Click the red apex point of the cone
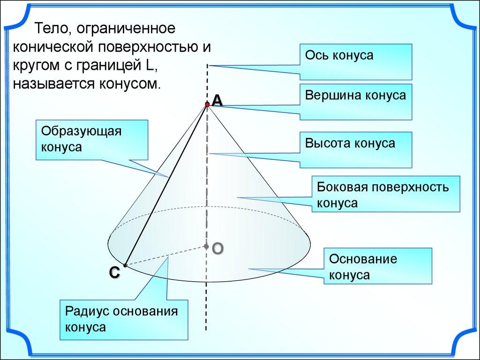pyautogui.click(x=207, y=104)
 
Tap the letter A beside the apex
pyautogui.click(x=217, y=100)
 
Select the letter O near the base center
pyautogui.click(x=217, y=248)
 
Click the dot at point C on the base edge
pyautogui.click(x=126, y=265)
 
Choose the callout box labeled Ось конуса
pyautogui.click(x=356, y=61)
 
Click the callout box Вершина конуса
pyautogui.click(x=356, y=101)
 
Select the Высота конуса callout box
pyautogui.click(x=356, y=150)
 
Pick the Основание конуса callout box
pyautogui.click(x=378, y=266)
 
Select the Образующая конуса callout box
pyautogui.click(x=92, y=140)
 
